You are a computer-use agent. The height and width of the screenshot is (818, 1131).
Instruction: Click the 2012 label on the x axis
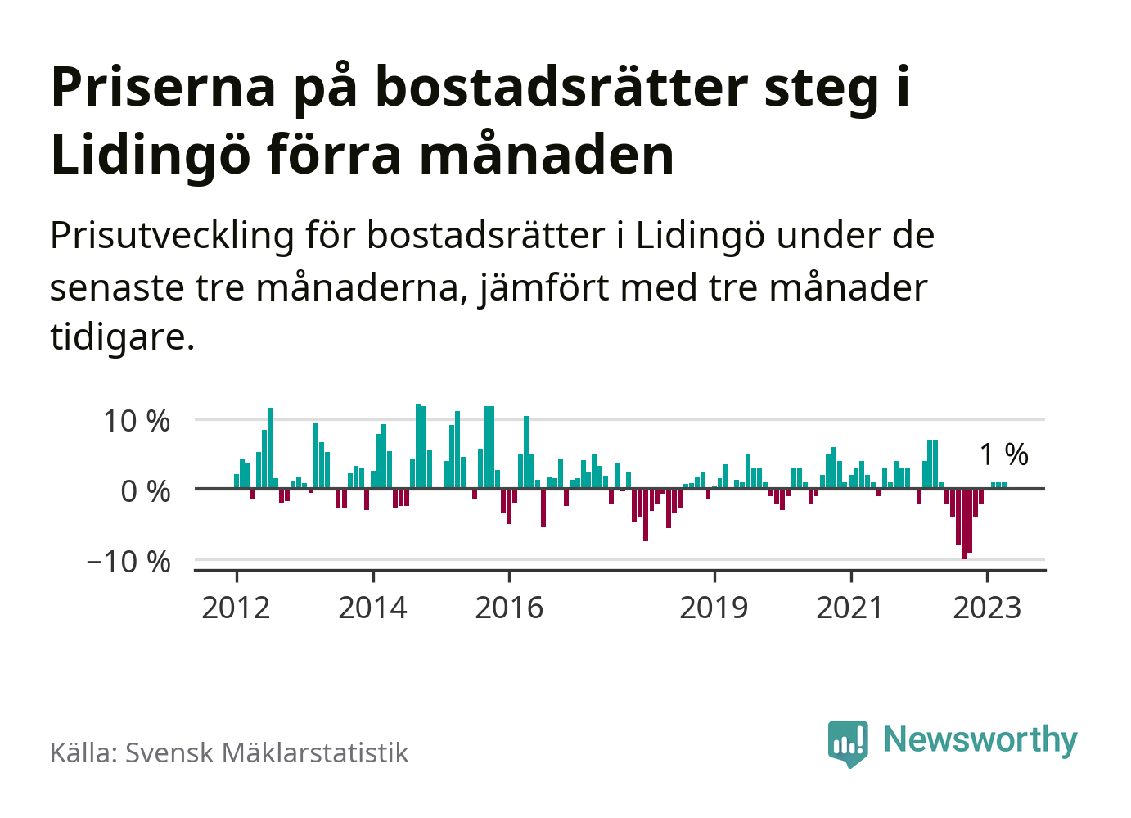(x=236, y=608)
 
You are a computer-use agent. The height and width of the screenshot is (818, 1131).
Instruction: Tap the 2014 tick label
(x=372, y=608)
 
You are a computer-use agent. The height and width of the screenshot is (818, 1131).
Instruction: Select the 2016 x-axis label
(x=509, y=608)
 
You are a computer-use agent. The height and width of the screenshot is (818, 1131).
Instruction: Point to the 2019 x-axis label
(x=714, y=608)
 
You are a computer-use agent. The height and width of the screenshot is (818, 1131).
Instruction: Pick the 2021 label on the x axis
(x=850, y=608)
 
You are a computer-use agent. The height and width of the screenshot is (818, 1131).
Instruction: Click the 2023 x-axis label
(x=987, y=608)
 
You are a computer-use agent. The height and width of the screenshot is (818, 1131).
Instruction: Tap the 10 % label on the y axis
(x=137, y=422)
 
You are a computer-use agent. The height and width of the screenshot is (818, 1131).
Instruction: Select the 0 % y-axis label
(x=146, y=492)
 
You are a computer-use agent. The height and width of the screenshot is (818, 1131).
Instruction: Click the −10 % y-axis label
(x=128, y=563)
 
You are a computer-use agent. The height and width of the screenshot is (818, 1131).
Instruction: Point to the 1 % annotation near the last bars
(x=1004, y=454)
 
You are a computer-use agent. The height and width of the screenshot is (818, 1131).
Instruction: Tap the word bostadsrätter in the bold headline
(x=561, y=87)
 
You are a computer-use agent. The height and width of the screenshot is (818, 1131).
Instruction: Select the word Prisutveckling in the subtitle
(x=172, y=237)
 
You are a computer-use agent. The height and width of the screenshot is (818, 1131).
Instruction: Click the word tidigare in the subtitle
(x=122, y=337)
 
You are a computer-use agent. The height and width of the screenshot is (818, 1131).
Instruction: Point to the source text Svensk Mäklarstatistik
(x=266, y=753)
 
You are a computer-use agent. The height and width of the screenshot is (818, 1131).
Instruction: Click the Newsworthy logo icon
(x=848, y=743)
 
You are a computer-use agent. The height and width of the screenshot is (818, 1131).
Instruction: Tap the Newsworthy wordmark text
(x=980, y=739)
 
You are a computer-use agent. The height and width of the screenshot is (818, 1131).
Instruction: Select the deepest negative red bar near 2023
(x=964, y=523)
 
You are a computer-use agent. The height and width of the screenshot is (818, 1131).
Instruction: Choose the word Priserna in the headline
(x=164, y=87)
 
